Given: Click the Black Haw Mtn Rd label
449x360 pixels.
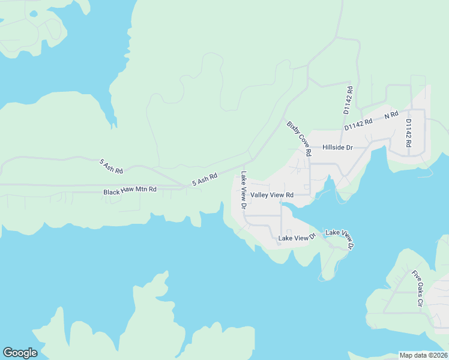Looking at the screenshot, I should (130, 190).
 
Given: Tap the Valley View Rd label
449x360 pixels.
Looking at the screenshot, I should (272, 195).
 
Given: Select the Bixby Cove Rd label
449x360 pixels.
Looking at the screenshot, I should (299, 139).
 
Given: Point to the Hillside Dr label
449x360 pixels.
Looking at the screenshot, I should (337, 147).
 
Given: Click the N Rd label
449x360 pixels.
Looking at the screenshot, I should (391, 114).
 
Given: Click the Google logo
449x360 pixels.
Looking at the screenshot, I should (20, 353).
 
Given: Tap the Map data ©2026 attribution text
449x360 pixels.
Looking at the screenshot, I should (423, 355).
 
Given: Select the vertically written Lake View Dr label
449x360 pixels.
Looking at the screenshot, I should (244, 190).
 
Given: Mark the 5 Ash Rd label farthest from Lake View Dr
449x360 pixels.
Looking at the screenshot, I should (111, 166).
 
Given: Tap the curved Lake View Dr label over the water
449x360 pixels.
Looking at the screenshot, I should (340, 238).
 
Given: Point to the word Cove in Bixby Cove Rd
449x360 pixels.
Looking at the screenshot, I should (301, 140).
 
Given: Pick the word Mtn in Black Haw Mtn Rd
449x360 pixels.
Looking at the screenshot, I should (143, 190).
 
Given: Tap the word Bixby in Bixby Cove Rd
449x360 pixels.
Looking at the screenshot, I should (292, 128).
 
